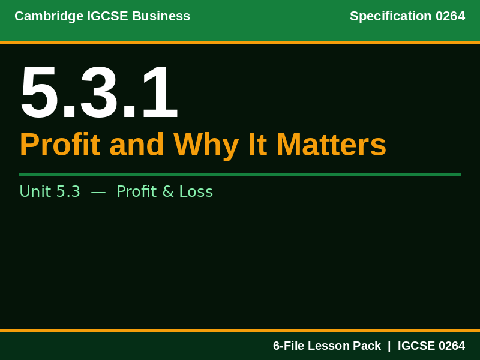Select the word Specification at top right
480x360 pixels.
pyautogui.click(x=391, y=16)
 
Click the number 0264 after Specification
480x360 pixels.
pyautogui.click(x=450, y=16)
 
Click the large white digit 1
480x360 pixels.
pyautogui.click(x=159, y=93)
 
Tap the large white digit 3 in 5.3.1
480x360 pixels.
pyautogui.click(x=99, y=93)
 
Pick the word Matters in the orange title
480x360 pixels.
pyautogui.click(x=331, y=145)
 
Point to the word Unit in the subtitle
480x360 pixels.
pyautogui.click(x=35, y=191)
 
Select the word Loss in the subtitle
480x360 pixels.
pyautogui.click(x=196, y=191)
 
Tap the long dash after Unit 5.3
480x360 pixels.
pyautogui.click(x=98, y=191)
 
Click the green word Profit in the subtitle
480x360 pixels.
pyautogui.click(x=136, y=191)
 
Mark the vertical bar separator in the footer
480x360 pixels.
pyautogui.click(x=389, y=346)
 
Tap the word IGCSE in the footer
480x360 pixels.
pyautogui.click(x=416, y=346)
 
